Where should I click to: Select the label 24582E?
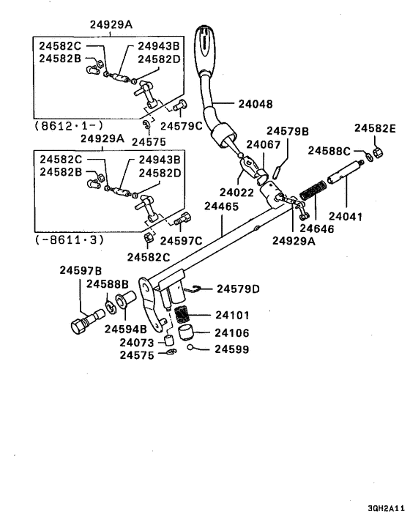[375, 128]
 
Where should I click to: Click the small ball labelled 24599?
[190, 349]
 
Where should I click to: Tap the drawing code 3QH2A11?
[384, 507]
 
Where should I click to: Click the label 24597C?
[181, 239]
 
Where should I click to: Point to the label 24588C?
[329, 151]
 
